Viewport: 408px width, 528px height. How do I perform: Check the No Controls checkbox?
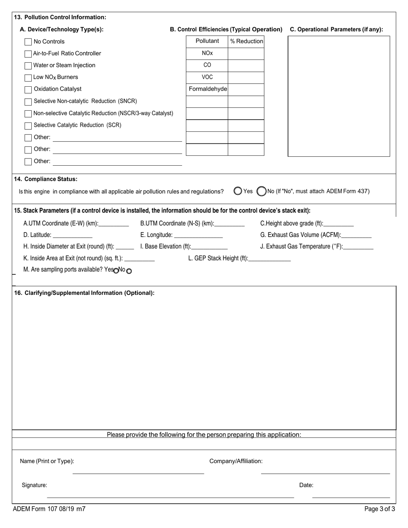28,42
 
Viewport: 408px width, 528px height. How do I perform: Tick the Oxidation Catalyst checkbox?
28,89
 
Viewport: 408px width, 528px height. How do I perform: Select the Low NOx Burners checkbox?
28,77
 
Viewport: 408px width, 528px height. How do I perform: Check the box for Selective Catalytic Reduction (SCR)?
28,125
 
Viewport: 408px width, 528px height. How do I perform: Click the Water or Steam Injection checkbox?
28,66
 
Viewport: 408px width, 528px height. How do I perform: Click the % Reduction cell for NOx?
246,54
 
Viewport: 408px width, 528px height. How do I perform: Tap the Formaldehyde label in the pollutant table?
207,89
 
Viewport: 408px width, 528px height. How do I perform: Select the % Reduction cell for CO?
246,66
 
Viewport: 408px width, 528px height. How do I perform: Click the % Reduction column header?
246,41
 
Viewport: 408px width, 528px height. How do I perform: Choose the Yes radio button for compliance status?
238,191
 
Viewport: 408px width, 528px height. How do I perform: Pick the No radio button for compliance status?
261,191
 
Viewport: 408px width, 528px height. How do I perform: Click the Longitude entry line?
199,235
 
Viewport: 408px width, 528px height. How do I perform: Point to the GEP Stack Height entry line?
269,258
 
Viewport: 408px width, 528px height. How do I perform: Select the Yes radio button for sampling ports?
116,270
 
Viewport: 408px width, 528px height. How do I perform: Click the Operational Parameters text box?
338,96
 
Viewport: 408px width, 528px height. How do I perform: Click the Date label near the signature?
306,486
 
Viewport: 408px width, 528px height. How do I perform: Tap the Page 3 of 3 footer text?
379,509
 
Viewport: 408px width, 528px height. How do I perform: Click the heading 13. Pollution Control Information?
60,18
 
